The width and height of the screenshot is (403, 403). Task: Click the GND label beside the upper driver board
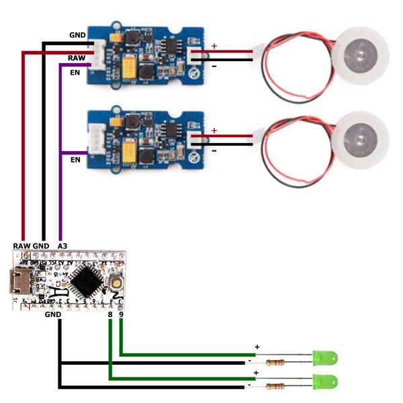click(x=77, y=34)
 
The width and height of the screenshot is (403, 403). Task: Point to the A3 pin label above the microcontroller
click(x=62, y=247)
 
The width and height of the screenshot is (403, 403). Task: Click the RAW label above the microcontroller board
click(x=21, y=247)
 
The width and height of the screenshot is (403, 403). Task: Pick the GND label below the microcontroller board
click(x=52, y=314)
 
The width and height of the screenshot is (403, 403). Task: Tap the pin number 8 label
click(x=109, y=314)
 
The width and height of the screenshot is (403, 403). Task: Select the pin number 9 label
click(x=121, y=314)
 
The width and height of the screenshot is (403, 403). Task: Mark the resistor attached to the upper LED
click(x=277, y=363)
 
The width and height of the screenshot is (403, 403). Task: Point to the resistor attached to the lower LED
click(x=277, y=386)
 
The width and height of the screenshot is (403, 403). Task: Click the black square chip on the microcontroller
click(x=85, y=280)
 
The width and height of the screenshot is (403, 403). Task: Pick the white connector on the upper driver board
click(x=99, y=53)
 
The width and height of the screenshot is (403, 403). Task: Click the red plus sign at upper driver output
click(x=214, y=46)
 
